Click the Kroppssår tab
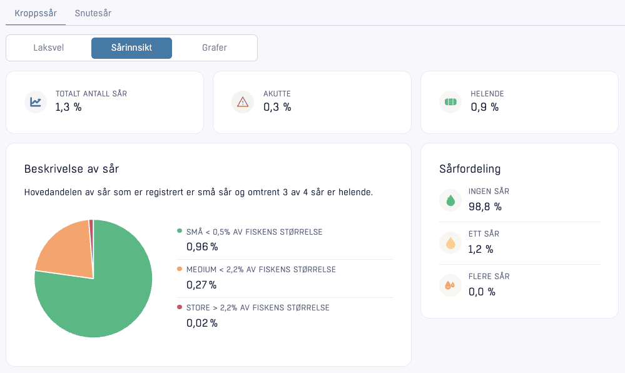(x=36, y=13)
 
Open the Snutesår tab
(x=93, y=13)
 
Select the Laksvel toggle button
(x=49, y=48)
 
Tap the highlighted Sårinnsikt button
(x=131, y=48)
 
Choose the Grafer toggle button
(x=215, y=48)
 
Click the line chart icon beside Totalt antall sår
(x=36, y=102)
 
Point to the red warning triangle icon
(x=243, y=103)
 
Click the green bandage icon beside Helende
(x=450, y=102)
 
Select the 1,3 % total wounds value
(x=68, y=107)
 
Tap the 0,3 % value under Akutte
(x=277, y=107)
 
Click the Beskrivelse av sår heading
(x=71, y=169)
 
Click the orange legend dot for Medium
(x=180, y=269)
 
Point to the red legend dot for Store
(x=180, y=307)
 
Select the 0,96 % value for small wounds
(x=202, y=247)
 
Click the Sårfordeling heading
(x=470, y=169)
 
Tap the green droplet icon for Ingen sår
(x=450, y=200)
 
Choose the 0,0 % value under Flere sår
(x=482, y=292)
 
